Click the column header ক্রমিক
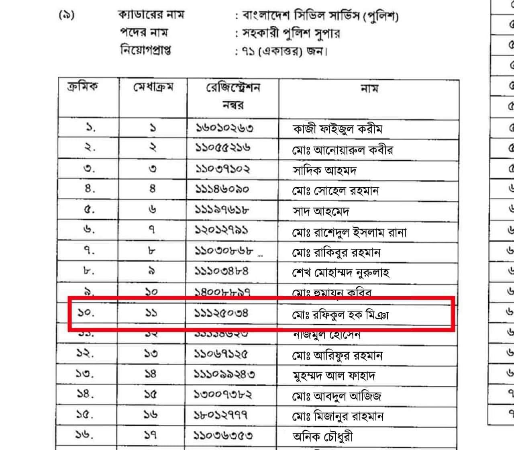coord(82,86)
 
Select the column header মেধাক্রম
coord(153,87)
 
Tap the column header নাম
coord(369,88)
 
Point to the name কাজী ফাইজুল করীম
coord(337,129)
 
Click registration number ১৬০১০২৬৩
coord(224,128)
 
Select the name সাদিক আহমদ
coord(324,170)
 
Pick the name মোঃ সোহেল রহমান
coord(335,190)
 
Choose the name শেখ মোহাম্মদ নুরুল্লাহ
coord(341,273)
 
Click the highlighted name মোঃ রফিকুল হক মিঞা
coord(340,314)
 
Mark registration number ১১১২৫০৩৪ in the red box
coord(222,312)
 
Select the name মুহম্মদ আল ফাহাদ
coord(334,376)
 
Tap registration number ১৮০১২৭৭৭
coord(221,414)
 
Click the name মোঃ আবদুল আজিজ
coord(337,396)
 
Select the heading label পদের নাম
coord(144,32)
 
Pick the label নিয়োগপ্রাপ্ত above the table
coord(146,51)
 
